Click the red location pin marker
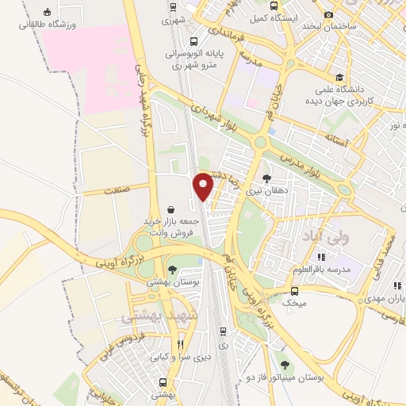point(204,186)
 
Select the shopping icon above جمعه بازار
point(171,208)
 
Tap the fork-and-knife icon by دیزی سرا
point(181,345)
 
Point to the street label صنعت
point(115,190)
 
